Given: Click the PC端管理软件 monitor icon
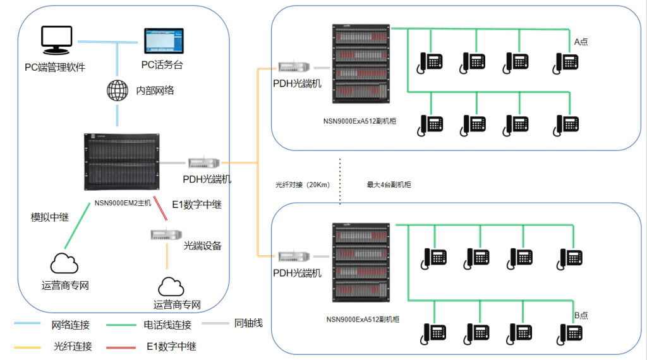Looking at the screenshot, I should tap(56, 40).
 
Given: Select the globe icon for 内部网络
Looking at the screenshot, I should tap(118, 90).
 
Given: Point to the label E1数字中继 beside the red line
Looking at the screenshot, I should tap(197, 205).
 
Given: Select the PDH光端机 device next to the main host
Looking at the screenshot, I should tap(205, 163).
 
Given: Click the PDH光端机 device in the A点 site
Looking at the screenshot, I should tap(295, 67).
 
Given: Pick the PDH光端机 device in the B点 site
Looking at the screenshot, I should tap(295, 256).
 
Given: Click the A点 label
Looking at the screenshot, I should tap(581, 42).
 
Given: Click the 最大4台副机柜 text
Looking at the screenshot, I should tap(390, 185).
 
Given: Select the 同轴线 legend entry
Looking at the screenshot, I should tap(248, 323).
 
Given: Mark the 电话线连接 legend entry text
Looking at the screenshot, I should tap(167, 325).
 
